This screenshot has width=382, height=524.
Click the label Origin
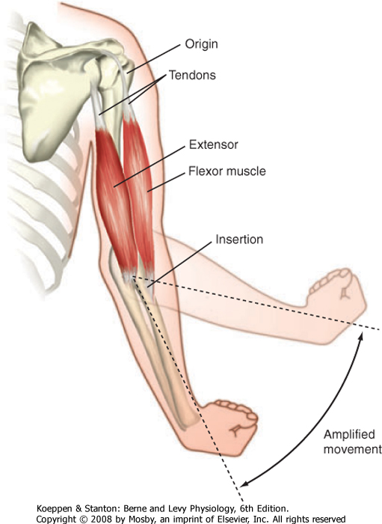(202, 44)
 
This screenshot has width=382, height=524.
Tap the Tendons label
(192, 75)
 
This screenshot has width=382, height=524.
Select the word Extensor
(214, 144)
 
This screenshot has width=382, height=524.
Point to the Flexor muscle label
(227, 171)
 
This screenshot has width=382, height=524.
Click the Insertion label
(239, 240)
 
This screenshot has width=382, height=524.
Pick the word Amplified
(349, 434)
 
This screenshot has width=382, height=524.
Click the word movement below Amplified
(352, 449)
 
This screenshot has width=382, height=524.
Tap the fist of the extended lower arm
(230, 427)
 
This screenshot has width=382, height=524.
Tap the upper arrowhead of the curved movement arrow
(360, 335)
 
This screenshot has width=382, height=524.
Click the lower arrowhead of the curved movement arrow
(244, 484)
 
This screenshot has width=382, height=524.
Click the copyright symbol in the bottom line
(84, 519)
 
